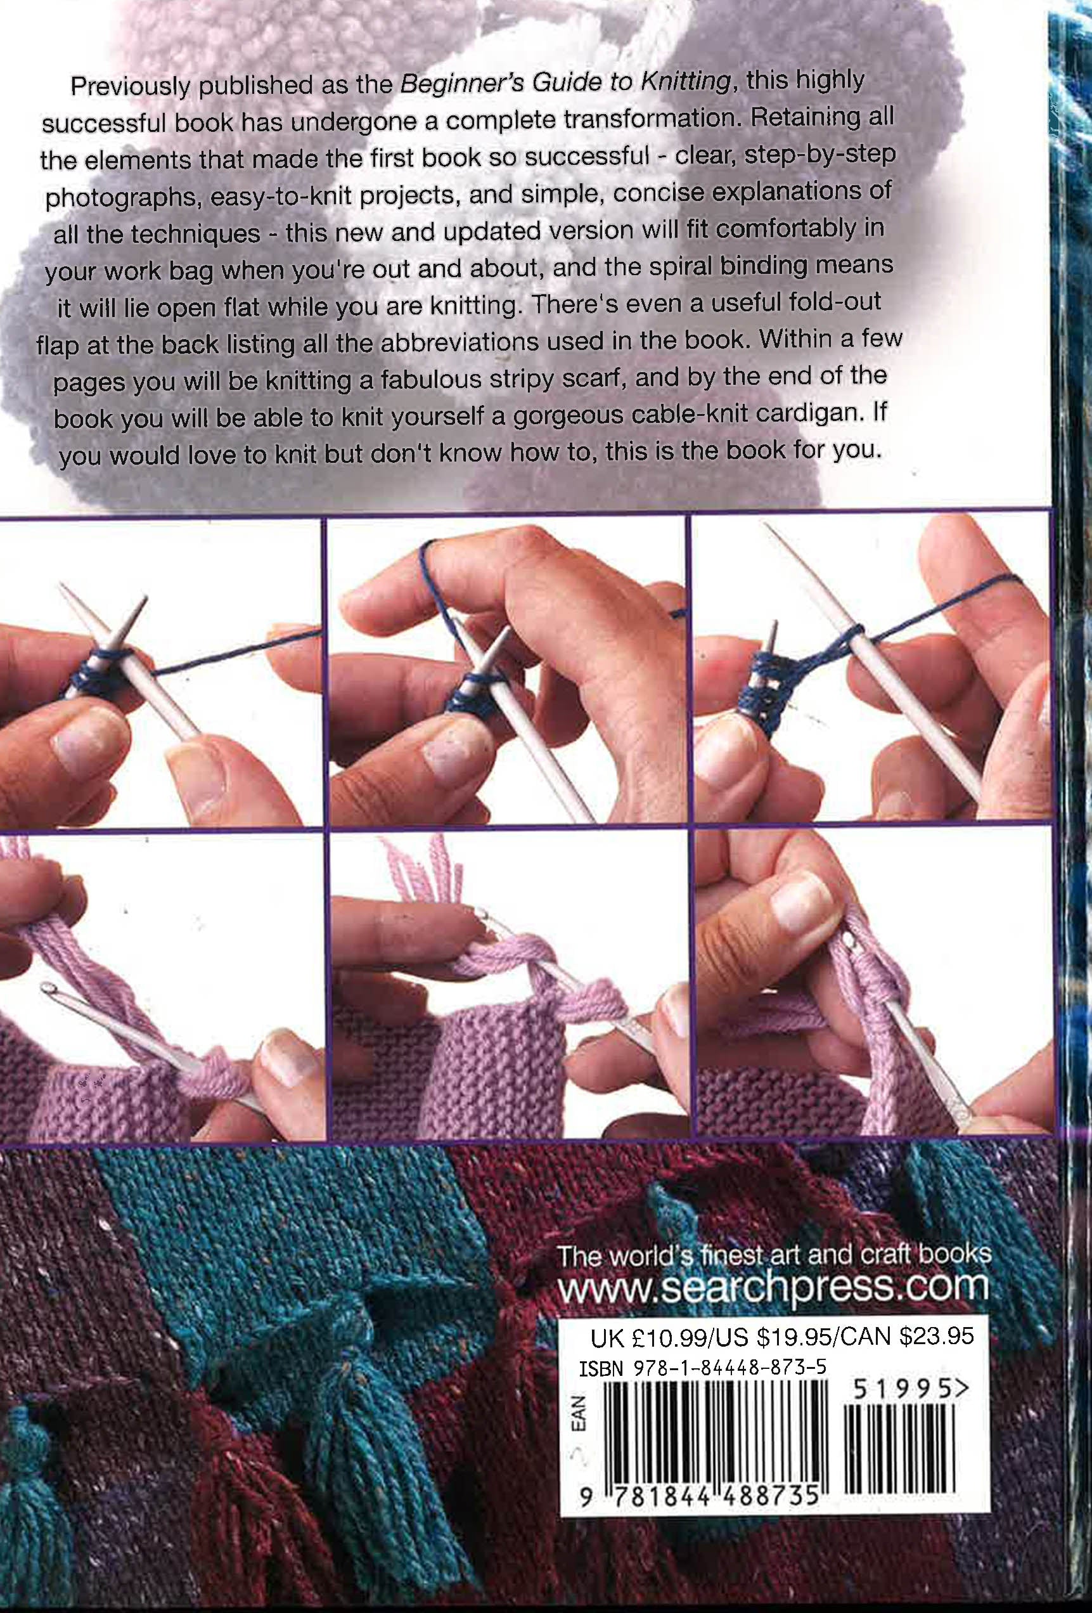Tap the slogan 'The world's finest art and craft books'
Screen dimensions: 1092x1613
pyautogui.click(x=774, y=1255)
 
